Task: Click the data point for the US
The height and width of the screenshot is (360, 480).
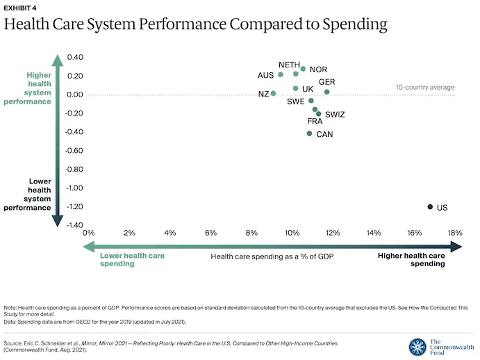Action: point(430,207)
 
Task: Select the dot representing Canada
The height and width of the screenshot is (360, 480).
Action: point(309,133)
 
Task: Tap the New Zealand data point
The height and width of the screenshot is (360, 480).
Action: point(273,93)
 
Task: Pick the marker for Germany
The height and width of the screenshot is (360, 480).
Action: point(326,92)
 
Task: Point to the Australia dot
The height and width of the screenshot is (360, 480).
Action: point(281,74)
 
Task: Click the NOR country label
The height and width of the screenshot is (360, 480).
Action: point(318,69)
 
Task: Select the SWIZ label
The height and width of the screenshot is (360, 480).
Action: point(335,115)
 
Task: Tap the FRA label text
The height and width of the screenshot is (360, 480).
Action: point(315,122)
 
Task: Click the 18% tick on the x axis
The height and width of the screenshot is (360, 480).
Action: point(455,232)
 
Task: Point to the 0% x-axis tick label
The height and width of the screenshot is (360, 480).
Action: point(88,232)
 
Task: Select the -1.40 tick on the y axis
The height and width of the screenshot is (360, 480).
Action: point(74,225)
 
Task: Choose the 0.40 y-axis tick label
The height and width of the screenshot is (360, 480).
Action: point(74,57)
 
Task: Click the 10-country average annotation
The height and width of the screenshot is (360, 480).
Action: point(425,88)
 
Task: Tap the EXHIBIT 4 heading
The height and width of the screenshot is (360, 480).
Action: point(21,8)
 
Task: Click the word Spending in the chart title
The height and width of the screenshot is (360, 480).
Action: point(350,26)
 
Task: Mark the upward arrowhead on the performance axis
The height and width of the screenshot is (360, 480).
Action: point(58,60)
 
